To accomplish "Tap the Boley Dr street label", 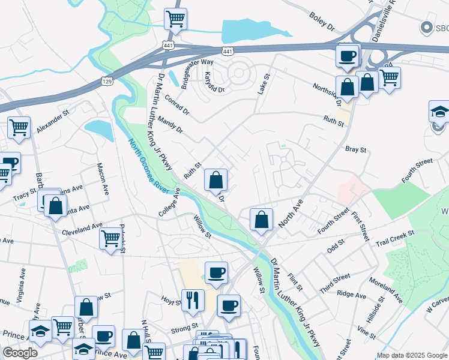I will click(x=322, y=21).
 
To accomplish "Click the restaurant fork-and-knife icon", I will click(x=192, y=299).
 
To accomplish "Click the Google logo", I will click(x=20, y=353).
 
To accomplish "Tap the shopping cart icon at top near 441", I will click(x=175, y=19).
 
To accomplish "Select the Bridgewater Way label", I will click(x=197, y=71).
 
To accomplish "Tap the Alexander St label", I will click(x=53, y=120).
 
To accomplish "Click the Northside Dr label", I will click(x=327, y=90).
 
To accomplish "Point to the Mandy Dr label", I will click(x=171, y=125).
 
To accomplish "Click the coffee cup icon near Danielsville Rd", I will click(x=347, y=56).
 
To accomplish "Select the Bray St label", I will click(x=355, y=149).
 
